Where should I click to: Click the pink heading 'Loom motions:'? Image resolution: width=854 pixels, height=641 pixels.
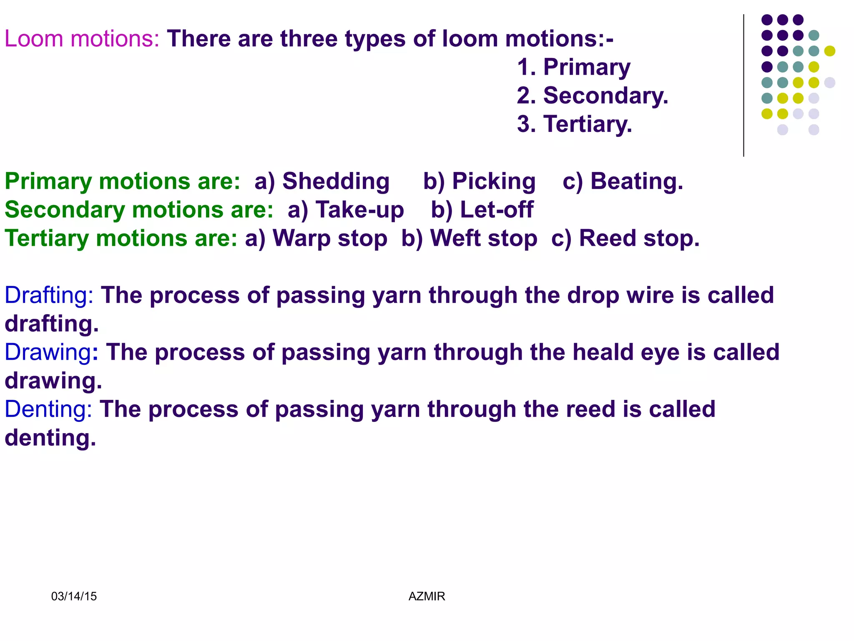[82, 39]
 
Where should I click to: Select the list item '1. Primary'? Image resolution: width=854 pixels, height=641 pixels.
[573, 67]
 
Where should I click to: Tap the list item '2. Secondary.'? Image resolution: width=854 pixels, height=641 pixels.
[592, 96]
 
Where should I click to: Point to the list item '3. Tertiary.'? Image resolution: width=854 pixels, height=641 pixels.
[574, 124]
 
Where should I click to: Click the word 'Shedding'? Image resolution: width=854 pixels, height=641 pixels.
[336, 182]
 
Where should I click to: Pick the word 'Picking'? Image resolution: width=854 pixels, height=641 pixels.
[494, 182]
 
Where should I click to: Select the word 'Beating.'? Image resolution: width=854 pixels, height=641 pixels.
[636, 182]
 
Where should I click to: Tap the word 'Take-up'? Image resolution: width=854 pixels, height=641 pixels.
[359, 210]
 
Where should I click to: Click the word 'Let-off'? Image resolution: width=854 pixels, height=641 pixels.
[496, 210]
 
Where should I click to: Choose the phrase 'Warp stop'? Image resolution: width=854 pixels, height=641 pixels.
[329, 239]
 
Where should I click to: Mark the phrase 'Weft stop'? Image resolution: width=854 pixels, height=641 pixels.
[483, 239]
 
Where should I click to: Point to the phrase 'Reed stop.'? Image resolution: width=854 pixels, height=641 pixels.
[639, 239]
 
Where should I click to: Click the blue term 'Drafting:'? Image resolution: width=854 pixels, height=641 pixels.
[49, 295]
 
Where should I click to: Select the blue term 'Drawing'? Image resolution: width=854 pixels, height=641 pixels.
[48, 352]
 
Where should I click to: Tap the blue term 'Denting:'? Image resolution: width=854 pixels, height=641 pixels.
[48, 409]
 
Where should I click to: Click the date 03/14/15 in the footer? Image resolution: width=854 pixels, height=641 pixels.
[74, 596]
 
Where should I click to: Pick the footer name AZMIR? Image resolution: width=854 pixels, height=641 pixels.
[427, 596]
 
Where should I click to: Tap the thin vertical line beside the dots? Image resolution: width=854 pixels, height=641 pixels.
[743, 86]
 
